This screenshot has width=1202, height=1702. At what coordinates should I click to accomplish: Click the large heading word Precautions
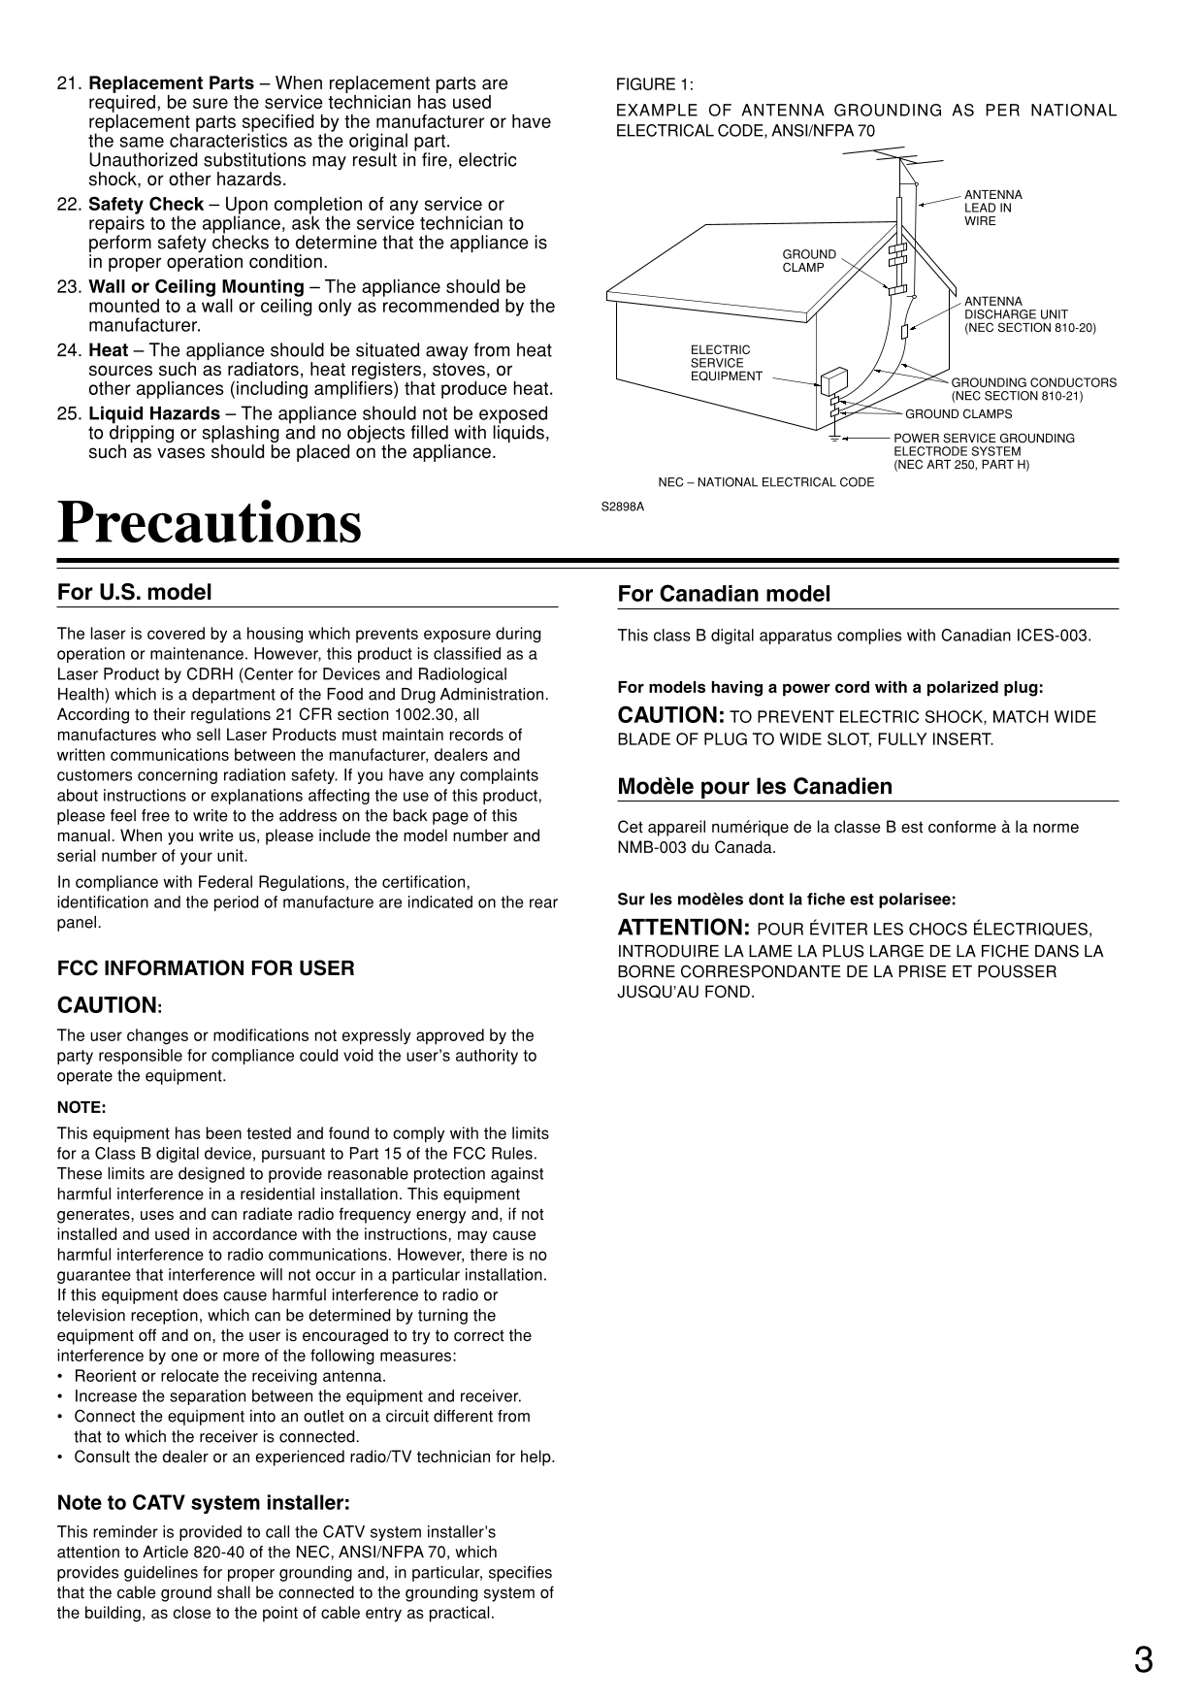tap(210, 523)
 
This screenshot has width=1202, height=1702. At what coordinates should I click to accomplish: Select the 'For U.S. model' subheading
tap(134, 592)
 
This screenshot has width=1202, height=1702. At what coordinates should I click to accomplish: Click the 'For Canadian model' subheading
tap(724, 594)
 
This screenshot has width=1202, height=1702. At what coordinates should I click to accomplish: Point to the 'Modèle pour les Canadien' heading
tap(755, 786)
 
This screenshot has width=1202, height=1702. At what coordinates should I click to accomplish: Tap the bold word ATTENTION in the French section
tap(683, 928)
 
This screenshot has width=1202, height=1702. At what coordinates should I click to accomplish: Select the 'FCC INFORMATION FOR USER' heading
tap(206, 968)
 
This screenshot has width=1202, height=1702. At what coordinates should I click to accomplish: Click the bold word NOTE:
tap(81, 1107)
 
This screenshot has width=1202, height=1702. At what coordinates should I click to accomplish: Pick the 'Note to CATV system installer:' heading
tap(203, 1503)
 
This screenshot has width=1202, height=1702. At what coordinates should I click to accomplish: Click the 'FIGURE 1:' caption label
tap(655, 84)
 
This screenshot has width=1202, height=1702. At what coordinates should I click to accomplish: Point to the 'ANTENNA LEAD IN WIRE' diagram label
tap(992, 208)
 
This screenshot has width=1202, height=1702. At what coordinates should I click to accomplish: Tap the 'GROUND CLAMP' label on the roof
tap(809, 260)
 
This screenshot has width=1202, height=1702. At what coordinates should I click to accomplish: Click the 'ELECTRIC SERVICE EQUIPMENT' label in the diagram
tap(726, 363)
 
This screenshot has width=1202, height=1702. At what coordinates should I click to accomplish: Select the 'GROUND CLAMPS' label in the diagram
tap(958, 414)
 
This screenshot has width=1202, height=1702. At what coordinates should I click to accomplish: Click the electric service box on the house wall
tap(833, 381)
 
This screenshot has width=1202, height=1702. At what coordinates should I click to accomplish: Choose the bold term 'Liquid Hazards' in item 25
tap(154, 414)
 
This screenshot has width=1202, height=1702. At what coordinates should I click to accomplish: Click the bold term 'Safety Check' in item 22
tap(146, 205)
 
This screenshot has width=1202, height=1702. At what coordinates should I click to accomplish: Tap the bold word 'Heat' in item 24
tap(108, 350)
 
